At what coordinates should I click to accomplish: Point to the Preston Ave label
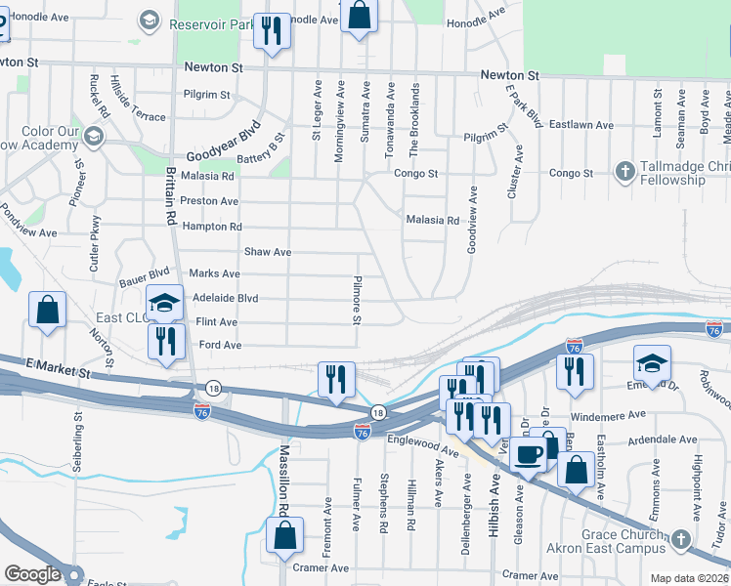tap(210, 201)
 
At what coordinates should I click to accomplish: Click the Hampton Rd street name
tap(212, 227)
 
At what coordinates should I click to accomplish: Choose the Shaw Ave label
tap(268, 252)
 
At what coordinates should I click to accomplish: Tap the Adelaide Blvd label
tap(226, 298)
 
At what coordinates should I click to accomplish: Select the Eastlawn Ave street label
tap(580, 125)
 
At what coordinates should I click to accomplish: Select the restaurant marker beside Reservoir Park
tap(271, 31)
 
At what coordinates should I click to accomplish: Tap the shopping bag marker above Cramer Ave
tap(284, 536)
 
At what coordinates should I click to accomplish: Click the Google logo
tap(31, 575)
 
